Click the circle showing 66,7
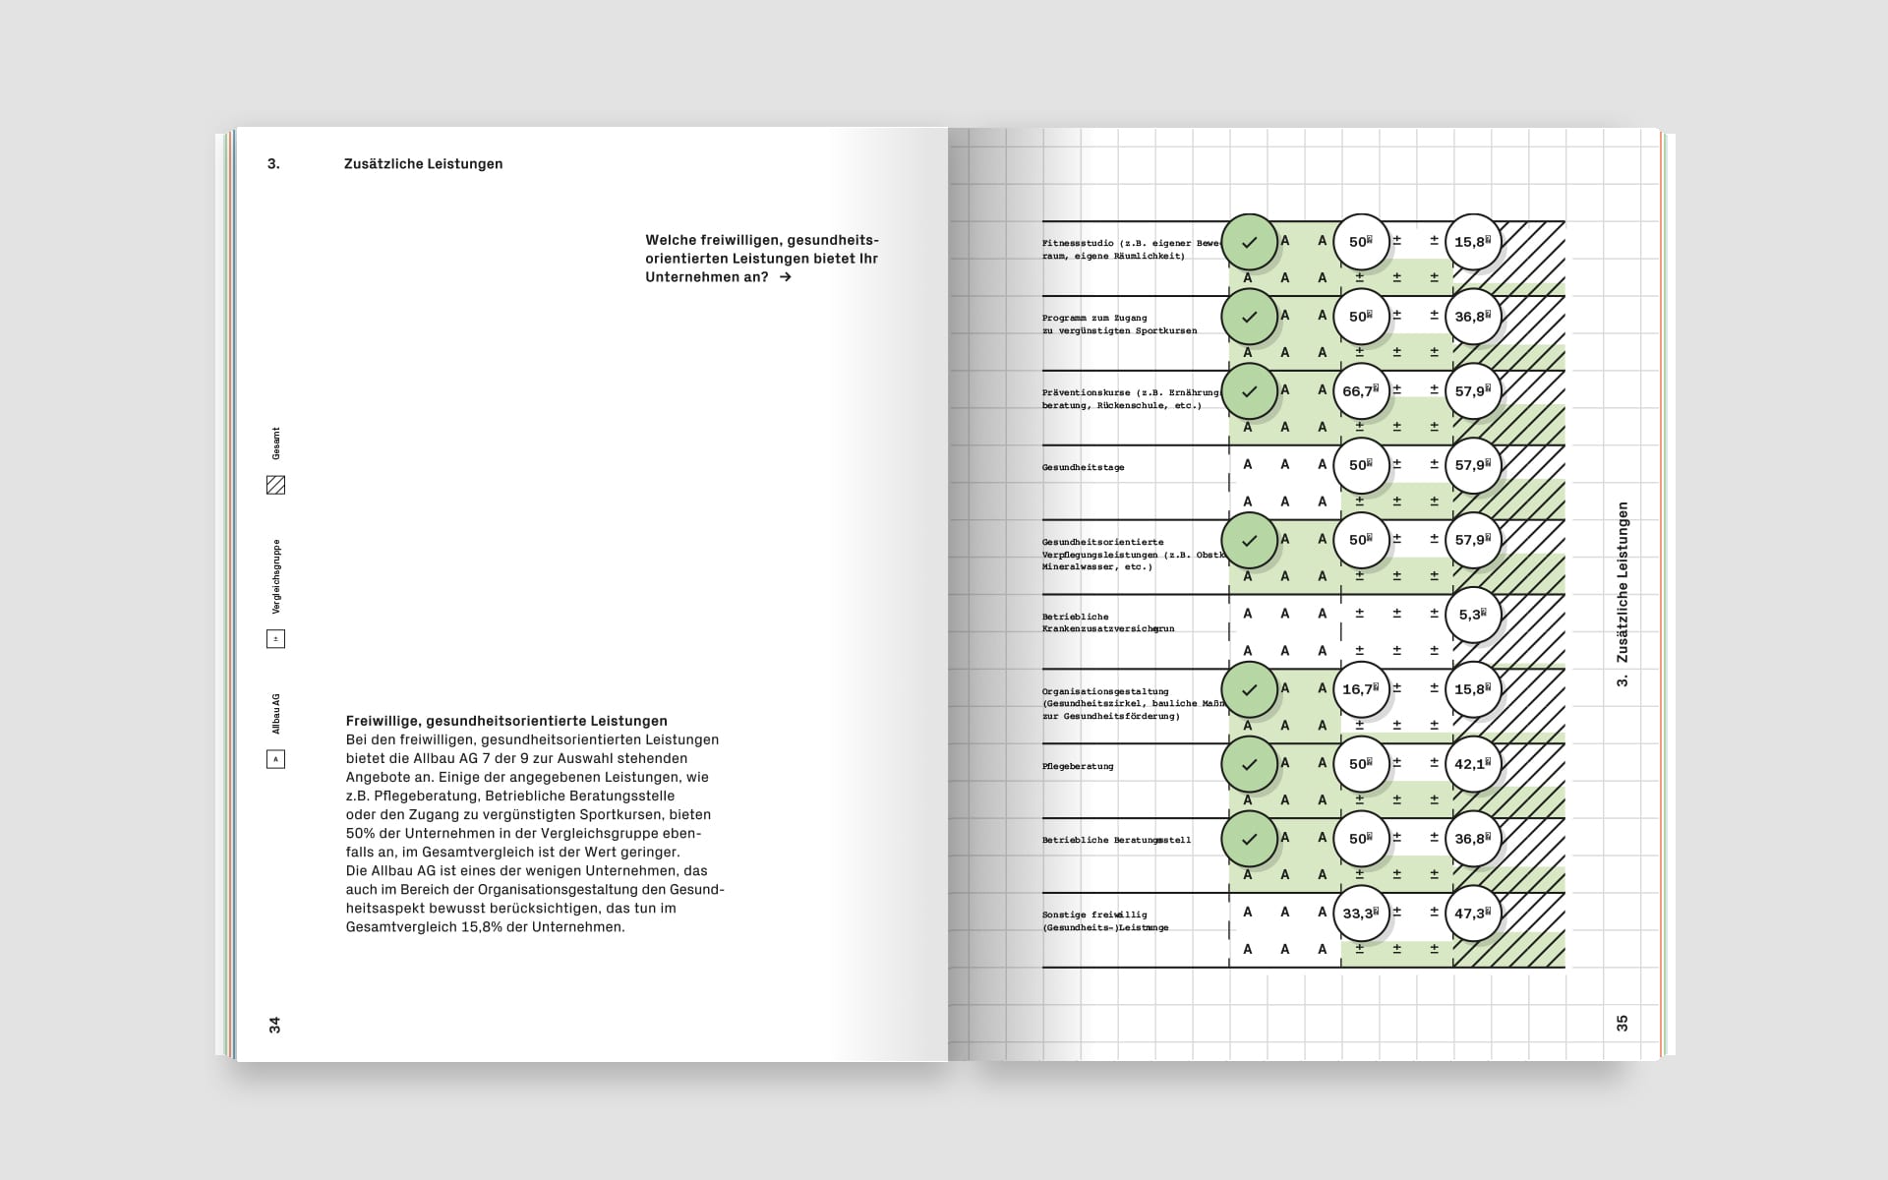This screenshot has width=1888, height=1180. pos(1361,391)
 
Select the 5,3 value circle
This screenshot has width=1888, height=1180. pos(1473,615)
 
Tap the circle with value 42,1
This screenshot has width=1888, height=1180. pos(1473,764)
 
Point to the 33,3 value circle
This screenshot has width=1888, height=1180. pos(1361,914)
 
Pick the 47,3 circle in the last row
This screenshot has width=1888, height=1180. pos(1473,914)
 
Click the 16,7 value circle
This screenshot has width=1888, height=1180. pos(1361,689)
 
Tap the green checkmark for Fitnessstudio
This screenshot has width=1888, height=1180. pos(1249,242)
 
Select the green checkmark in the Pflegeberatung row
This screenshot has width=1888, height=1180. pos(1249,764)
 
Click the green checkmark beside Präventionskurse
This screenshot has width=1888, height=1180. pos(1249,391)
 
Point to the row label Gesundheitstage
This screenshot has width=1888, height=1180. pos(1083,467)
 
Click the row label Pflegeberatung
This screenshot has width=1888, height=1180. pos(1078,766)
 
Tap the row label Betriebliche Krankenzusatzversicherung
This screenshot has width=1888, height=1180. pos(1108,622)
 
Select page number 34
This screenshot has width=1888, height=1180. pos(275,1025)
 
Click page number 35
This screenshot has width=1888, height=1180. pos(1622,1023)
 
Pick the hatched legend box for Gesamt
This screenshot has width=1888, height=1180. pos(276,485)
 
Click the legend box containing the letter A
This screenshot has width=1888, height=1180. pos(276,759)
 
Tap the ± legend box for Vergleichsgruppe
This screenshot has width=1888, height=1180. pos(276,639)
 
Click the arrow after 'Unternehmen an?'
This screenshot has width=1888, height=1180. pos(785,277)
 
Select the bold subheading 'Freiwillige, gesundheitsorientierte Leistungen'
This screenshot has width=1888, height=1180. pos(506,721)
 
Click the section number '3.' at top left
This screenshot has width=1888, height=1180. pos(273,164)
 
